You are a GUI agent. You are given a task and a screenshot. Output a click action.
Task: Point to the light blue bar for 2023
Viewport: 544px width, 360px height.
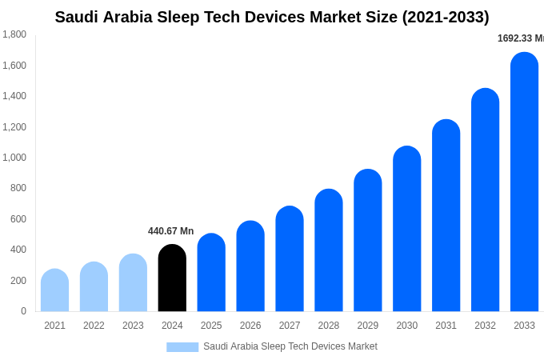point(133,283)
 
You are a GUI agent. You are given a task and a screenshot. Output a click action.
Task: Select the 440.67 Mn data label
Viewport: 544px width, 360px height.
point(170,231)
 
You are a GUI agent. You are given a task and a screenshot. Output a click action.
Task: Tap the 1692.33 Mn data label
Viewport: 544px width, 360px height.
point(521,38)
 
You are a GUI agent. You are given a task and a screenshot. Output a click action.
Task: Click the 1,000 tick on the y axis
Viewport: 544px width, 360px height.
point(14,158)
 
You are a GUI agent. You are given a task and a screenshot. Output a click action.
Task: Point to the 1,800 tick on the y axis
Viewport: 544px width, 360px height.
point(14,34)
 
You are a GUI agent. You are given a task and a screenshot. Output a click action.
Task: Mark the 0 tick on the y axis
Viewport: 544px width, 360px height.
point(23,311)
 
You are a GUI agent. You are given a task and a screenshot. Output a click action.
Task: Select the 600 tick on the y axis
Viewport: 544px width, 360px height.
point(18,219)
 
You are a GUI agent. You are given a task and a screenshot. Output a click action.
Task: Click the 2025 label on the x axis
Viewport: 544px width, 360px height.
point(211,326)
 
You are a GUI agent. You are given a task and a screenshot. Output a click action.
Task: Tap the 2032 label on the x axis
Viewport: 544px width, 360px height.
point(485,326)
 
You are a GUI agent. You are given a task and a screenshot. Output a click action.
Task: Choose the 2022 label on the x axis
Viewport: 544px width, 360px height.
point(94,326)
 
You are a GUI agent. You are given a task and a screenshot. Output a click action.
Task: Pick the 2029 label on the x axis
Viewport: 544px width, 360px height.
point(368,326)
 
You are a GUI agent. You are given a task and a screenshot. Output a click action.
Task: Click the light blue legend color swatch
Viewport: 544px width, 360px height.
point(182,347)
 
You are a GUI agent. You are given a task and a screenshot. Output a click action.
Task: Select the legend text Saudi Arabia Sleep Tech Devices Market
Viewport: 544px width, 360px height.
point(290,346)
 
